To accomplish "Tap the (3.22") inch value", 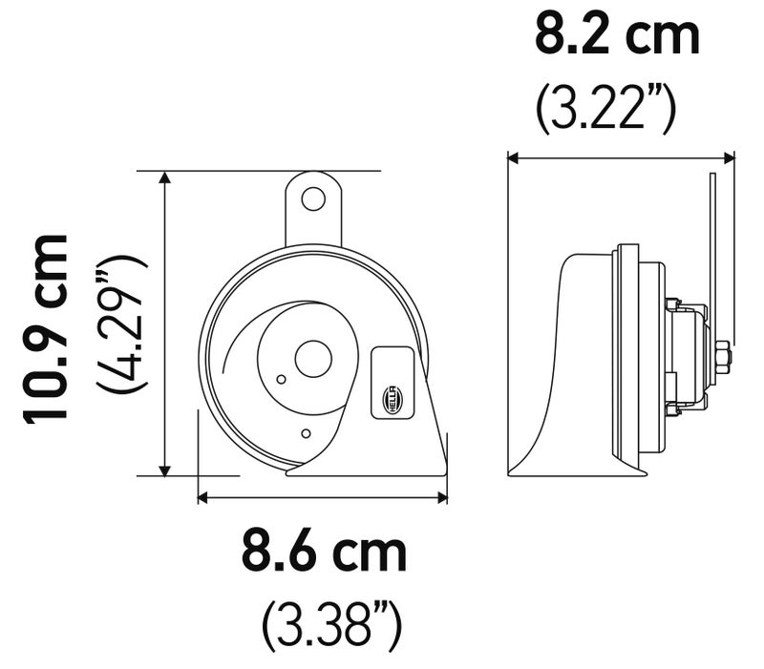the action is [x=606, y=109].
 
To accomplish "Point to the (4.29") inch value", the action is [x=122, y=324].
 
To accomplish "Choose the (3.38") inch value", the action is [x=332, y=626].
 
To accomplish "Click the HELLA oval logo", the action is [x=393, y=400].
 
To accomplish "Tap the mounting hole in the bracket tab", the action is [x=313, y=199].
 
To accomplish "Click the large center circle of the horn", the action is [x=313, y=360].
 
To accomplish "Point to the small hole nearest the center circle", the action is [x=281, y=379].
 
